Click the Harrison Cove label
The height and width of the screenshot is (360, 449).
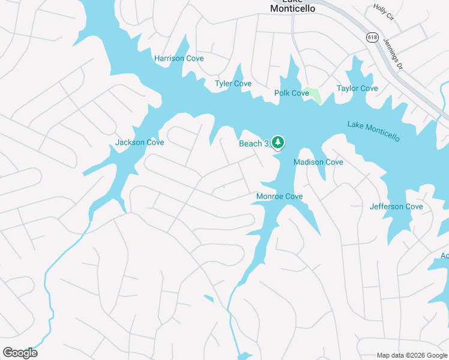coord(179,58)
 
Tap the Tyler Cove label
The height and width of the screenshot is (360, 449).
coord(233,83)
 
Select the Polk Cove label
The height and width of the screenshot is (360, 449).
coord(291,93)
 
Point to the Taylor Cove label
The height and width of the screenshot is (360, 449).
coord(357,88)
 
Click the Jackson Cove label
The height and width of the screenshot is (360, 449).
coord(139,142)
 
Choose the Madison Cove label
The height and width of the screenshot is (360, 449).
coord(318,162)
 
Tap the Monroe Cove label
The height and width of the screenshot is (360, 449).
coord(279,196)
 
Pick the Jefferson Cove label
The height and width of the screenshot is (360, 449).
coord(396,206)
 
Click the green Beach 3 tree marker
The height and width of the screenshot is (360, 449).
coord(277,142)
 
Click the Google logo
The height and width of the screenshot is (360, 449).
coord(20,353)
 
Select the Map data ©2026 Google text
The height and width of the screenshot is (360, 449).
coord(411,355)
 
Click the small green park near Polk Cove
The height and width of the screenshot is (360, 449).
coord(312,94)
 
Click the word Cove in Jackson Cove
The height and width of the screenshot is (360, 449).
coord(154,142)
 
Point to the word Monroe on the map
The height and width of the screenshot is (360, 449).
coord(270,196)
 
